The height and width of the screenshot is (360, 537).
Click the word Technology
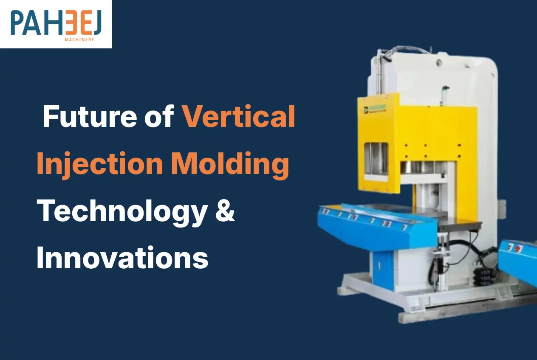(x=122, y=211)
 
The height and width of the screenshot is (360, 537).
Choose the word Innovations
(x=122, y=258)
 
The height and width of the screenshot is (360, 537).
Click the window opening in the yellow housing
(x=376, y=158)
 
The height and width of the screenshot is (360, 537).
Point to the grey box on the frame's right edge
(x=503, y=208)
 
